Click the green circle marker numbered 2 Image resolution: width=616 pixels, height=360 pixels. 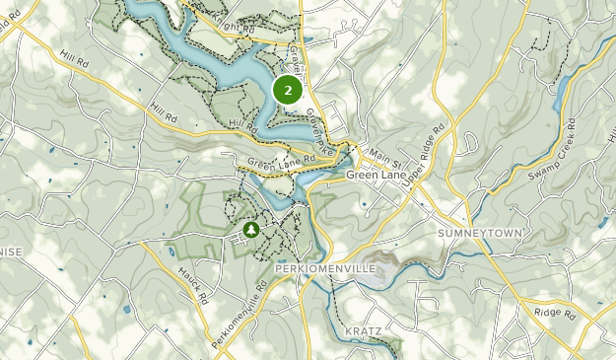[287, 91]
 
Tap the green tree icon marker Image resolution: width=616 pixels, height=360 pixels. [250, 230]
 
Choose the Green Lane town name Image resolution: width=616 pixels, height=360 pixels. [375, 175]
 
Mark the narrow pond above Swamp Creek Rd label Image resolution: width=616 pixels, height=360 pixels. [563, 95]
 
